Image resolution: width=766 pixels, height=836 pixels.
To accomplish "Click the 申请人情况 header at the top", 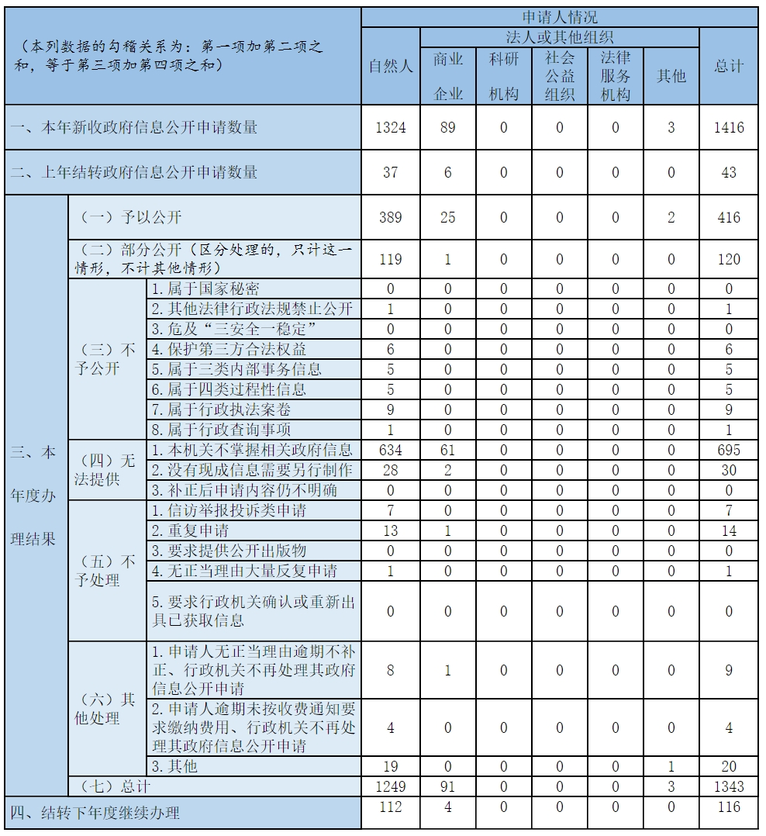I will click(x=559, y=17).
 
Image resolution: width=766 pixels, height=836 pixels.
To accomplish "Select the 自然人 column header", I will click(x=391, y=67).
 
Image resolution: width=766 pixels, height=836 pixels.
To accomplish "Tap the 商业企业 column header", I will click(x=447, y=76).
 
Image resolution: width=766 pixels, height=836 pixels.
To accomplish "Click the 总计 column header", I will click(x=729, y=67).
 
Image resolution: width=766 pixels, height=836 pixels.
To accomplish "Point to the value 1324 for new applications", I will click(x=391, y=127).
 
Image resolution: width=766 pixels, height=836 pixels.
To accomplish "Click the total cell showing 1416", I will click(x=729, y=127).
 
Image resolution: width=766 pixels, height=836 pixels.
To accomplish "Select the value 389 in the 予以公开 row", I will click(x=391, y=217).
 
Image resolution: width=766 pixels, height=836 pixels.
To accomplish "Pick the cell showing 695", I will click(x=729, y=450).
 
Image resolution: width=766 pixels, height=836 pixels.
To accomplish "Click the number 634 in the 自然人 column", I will click(x=391, y=450).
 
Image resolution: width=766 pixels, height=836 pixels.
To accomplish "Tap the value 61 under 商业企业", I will click(x=447, y=450).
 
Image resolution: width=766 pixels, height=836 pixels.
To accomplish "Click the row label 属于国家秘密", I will click(x=205, y=289).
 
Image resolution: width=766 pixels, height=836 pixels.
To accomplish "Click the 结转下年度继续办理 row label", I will click(x=95, y=813).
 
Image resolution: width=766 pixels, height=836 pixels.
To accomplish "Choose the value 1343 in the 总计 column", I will click(x=729, y=787).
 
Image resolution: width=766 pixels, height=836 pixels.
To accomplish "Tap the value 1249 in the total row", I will click(x=391, y=787).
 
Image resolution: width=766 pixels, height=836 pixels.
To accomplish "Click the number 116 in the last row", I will click(x=729, y=807).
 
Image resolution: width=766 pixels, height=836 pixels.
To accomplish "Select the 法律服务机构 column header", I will click(x=616, y=76).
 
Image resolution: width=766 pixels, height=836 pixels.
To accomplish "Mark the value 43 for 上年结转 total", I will click(x=729, y=172).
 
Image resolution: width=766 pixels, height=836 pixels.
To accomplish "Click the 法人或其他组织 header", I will click(x=559, y=36).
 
